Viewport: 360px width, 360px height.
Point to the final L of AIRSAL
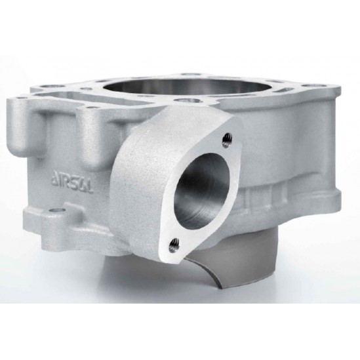pos(91,187)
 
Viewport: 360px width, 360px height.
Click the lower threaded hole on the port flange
pos(174,245)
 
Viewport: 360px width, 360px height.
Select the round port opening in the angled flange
pos(201,188)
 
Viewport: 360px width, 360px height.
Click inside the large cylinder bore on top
pos(150,87)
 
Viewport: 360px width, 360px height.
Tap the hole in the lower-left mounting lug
pos(56,210)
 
